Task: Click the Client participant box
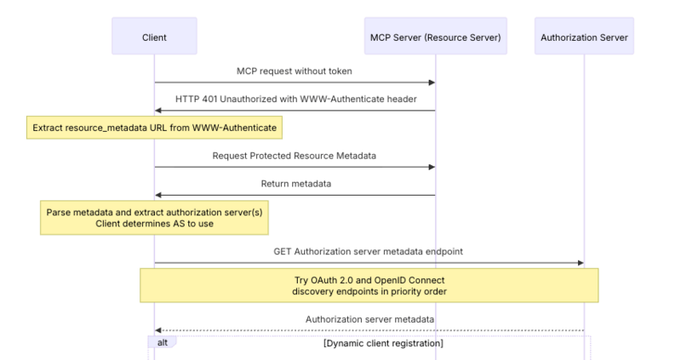coord(154,37)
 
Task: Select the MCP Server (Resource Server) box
coord(434,37)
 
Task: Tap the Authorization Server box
coord(584,37)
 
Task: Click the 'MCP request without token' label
coord(295,71)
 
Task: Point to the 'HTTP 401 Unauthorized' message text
coord(295,99)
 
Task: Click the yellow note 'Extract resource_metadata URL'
coord(154,128)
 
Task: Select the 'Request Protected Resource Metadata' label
coord(295,156)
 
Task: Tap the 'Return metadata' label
coord(295,184)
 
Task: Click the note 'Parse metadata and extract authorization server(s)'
coord(154,217)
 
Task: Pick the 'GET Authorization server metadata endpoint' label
coord(369,251)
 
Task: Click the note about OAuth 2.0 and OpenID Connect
coord(369,285)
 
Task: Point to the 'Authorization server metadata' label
coord(369,319)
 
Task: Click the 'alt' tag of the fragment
coord(163,343)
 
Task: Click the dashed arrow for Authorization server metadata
coord(369,331)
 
